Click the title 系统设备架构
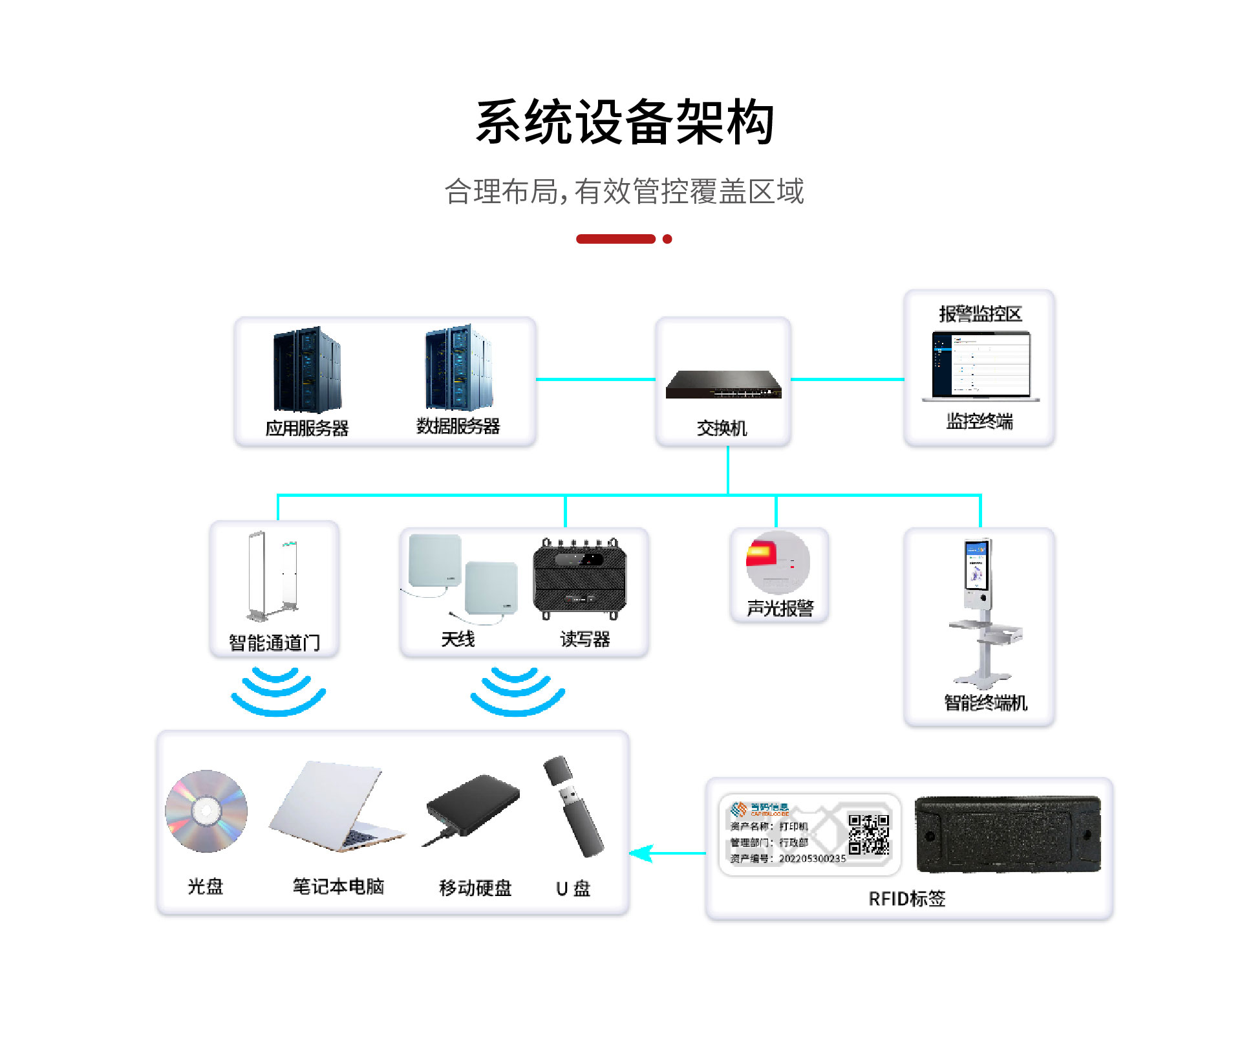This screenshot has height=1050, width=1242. click(625, 122)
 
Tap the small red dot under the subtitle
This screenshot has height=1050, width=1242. click(667, 239)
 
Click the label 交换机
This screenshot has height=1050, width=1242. click(722, 428)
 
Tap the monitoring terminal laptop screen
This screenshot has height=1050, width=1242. click(981, 363)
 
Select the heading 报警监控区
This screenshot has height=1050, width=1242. click(980, 314)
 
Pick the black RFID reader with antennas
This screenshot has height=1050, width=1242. click(580, 577)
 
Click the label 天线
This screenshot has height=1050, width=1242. click(458, 639)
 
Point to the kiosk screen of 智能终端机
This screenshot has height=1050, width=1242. click(976, 566)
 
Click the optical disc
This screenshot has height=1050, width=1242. click(206, 810)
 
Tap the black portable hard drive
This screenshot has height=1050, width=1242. click(473, 808)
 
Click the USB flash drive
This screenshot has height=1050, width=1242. click(573, 806)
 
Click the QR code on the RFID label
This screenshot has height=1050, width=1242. click(868, 835)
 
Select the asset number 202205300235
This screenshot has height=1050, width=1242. click(812, 859)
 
